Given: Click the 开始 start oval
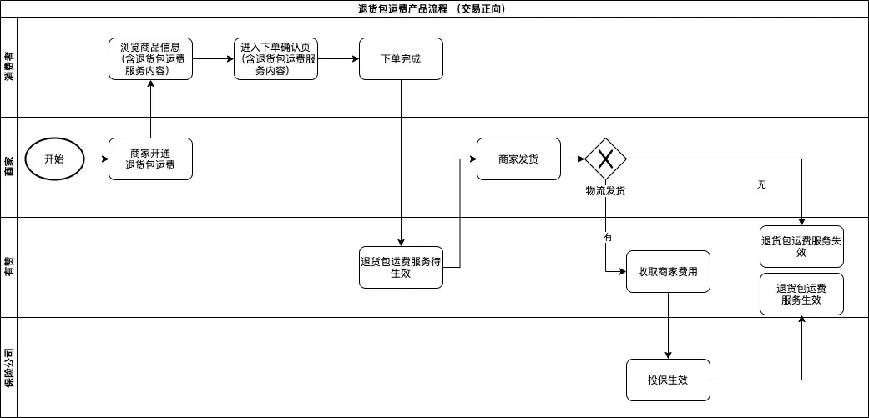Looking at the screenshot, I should (x=54, y=159).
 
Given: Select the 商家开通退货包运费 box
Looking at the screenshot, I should (x=150, y=159).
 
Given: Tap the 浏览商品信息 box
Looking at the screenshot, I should (x=150, y=59).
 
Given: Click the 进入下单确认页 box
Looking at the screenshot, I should (x=276, y=59).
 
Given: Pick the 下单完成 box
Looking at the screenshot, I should (x=401, y=59).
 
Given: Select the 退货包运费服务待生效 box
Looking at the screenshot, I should (x=401, y=267).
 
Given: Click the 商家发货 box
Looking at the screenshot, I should (x=518, y=159).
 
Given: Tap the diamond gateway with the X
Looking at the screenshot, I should (x=605, y=159).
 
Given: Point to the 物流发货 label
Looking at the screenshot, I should (x=605, y=191).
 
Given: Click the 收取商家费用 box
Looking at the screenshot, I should (x=668, y=271).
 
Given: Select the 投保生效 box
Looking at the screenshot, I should (x=668, y=380).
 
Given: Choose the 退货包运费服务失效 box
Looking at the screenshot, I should (x=801, y=246).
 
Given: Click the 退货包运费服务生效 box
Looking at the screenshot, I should (x=801, y=294).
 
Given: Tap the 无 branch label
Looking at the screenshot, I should (x=761, y=184).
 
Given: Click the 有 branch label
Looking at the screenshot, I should (x=608, y=237).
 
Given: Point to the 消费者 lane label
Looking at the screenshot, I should (x=9, y=67).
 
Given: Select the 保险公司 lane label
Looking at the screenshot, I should (x=9, y=367).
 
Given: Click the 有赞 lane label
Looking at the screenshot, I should (x=9, y=267).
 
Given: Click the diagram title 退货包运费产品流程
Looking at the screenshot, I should (x=434, y=9).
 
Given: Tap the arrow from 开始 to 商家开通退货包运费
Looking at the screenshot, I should (x=96, y=159).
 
